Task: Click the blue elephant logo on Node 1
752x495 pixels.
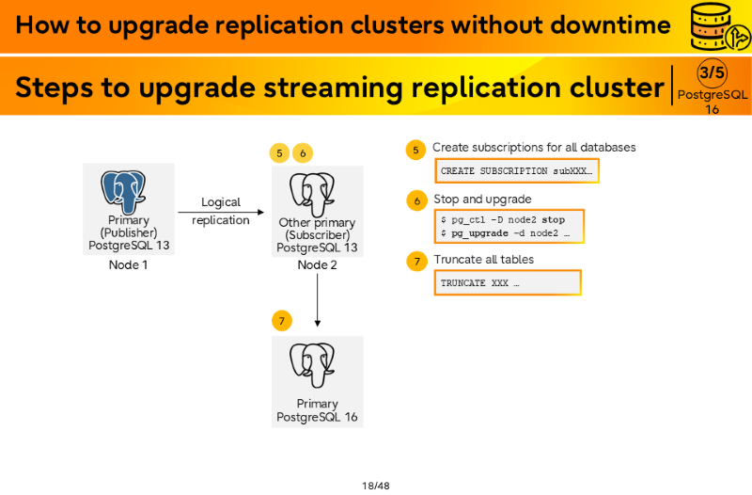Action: click(x=123, y=192)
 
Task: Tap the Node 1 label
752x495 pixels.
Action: click(x=128, y=264)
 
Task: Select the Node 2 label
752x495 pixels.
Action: click(x=317, y=264)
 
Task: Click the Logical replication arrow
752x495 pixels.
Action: click(x=221, y=212)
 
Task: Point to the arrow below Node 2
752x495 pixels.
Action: click(x=317, y=300)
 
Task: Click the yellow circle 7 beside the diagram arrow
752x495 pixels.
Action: click(x=281, y=321)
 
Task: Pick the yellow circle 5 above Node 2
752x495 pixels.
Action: click(x=279, y=153)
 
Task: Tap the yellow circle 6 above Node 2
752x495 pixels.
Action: click(x=303, y=153)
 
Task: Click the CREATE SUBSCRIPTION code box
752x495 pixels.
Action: click(x=517, y=170)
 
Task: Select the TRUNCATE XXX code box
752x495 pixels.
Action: click(x=508, y=282)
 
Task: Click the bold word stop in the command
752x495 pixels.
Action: click(x=554, y=219)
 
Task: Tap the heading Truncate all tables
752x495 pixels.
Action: click(x=484, y=259)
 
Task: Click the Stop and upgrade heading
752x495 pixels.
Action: click(x=482, y=199)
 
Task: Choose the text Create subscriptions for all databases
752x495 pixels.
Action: click(x=534, y=147)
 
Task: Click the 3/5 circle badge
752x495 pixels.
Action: click(x=712, y=72)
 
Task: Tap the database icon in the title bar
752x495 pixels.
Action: click(x=719, y=27)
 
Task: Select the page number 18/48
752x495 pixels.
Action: click(x=376, y=486)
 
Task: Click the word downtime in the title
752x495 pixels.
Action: click(x=610, y=24)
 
